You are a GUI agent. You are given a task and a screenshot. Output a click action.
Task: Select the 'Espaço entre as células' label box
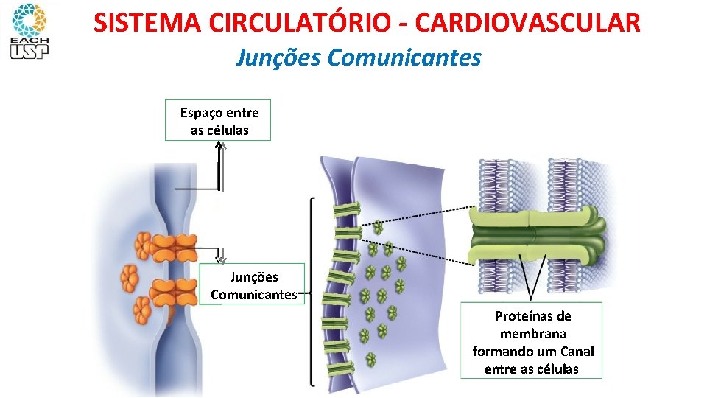click(218, 120)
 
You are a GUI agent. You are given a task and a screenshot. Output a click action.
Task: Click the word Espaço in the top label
click(203, 113)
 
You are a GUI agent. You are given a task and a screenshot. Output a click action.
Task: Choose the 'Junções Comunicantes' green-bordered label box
click(252, 284)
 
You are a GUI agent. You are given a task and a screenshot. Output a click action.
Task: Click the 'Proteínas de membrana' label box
click(531, 341)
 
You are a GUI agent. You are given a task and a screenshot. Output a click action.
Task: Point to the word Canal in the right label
click(577, 352)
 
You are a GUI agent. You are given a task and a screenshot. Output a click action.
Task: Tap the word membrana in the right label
click(532, 334)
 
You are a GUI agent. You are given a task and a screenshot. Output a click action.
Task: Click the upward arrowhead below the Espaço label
click(219, 144)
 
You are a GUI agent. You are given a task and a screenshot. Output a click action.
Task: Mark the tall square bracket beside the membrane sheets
click(312, 291)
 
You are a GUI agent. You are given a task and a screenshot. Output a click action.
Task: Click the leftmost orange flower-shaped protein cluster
click(130, 278)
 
